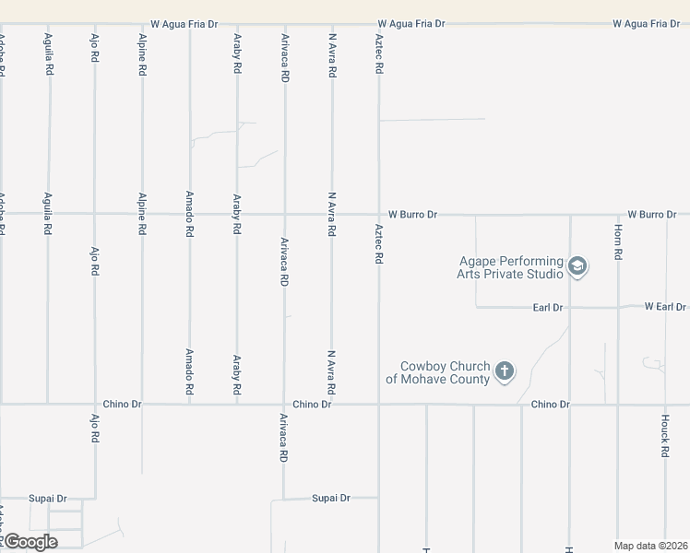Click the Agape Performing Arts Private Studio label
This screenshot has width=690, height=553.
point(510,267)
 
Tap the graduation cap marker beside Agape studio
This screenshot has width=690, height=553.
point(577,267)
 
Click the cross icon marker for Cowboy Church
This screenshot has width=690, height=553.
point(504,371)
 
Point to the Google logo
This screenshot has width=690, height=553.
point(30,541)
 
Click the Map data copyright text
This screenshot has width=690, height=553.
point(651,546)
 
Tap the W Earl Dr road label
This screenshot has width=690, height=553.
point(665,306)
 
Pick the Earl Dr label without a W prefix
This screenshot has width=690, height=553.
point(548,307)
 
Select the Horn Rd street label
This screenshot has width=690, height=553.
point(619,241)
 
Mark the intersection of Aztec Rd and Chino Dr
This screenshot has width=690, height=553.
point(378,404)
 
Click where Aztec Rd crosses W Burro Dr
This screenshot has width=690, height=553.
point(378,214)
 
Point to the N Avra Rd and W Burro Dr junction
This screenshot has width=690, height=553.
point(332,214)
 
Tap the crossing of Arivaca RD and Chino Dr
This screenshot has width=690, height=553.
point(284,404)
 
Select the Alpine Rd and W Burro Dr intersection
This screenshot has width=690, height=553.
point(142,214)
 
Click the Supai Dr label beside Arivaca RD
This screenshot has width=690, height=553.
point(331,498)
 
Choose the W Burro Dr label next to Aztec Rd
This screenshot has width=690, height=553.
point(412,214)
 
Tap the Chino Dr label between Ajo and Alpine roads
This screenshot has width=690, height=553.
point(122,404)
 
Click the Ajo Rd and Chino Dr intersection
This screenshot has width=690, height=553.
point(94,404)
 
